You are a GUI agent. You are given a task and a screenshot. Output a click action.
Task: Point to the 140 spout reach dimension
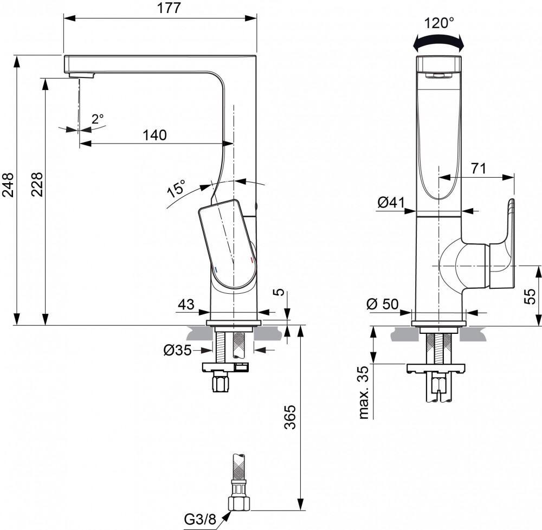(x=154, y=135)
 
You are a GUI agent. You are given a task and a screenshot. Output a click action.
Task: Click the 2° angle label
(x=98, y=119)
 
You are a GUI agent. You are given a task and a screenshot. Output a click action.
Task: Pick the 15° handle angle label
(x=176, y=189)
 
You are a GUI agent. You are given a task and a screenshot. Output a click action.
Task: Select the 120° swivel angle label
(x=439, y=23)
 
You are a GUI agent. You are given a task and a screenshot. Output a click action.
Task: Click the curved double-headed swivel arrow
(x=438, y=41)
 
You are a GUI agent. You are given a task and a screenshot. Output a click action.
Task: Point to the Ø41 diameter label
(x=391, y=203)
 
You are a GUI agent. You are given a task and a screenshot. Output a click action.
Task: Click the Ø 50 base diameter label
(x=383, y=304)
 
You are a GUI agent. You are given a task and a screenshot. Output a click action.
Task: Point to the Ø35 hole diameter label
(x=178, y=350)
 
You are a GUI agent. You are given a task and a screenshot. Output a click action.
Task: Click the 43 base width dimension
(x=186, y=305)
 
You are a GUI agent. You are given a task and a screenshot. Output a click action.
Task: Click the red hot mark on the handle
(x=251, y=261)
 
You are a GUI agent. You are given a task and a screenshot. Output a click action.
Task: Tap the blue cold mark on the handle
(x=216, y=269)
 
